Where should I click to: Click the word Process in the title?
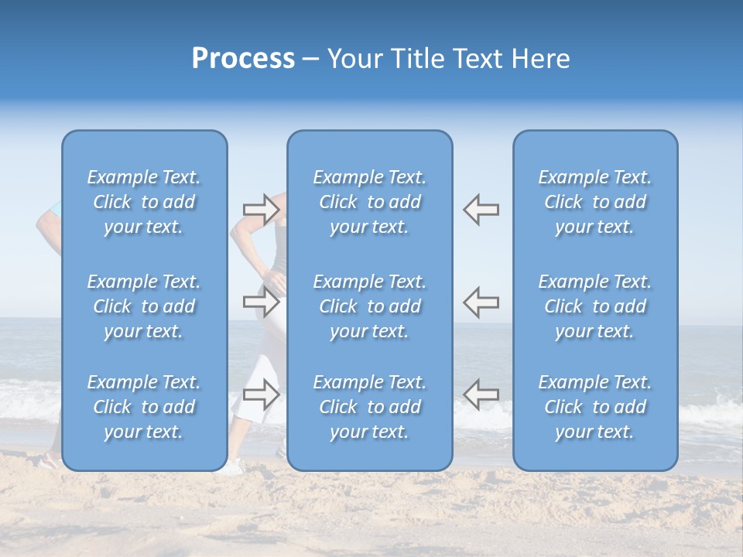click(x=243, y=59)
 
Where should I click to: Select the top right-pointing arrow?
click(x=262, y=209)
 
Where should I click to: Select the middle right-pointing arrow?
click(x=262, y=302)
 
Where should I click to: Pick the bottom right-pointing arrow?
click(x=262, y=394)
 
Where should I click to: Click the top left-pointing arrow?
click(x=481, y=209)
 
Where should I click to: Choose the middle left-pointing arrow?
click(x=481, y=302)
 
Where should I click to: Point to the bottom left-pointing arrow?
click(x=481, y=394)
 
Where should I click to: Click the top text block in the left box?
click(x=144, y=202)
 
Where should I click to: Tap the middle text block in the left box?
click(x=144, y=306)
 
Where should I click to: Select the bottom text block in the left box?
click(x=144, y=407)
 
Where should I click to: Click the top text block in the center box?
click(x=369, y=202)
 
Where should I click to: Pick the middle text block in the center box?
click(x=369, y=306)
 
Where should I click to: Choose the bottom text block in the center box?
click(x=369, y=407)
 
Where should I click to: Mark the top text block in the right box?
click(x=594, y=202)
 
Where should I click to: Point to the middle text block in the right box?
click(x=594, y=306)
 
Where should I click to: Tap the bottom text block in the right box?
click(x=594, y=407)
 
